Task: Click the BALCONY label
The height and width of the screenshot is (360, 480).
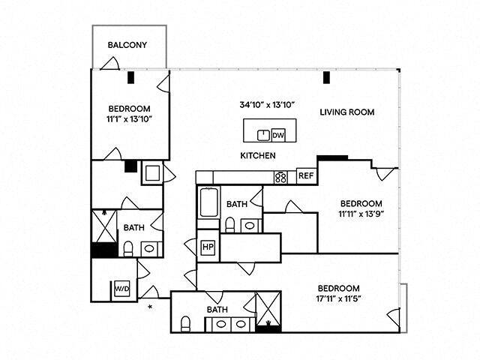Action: (x=127, y=45)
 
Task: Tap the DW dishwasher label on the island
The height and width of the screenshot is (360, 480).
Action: (x=277, y=135)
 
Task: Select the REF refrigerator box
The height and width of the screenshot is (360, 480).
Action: (x=305, y=176)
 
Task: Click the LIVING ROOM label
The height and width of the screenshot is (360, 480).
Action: (x=347, y=112)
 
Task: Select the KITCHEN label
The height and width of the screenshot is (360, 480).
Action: (x=258, y=156)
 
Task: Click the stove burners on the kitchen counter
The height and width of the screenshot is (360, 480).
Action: (x=281, y=177)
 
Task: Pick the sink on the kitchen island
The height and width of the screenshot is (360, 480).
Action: (x=263, y=135)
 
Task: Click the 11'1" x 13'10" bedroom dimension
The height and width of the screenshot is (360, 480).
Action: (x=129, y=118)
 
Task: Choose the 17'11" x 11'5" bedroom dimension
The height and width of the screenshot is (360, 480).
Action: (x=338, y=300)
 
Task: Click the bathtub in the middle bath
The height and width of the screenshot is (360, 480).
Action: (x=208, y=202)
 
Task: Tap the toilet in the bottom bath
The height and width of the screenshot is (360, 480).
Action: (x=185, y=323)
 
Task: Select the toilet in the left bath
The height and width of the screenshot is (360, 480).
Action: (x=128, y=247)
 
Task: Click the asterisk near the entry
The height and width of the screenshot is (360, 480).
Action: (x=150, y=307)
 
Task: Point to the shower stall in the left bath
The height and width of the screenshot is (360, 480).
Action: (x=103, y=226)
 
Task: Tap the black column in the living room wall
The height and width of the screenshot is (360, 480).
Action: (x=327, y=77)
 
